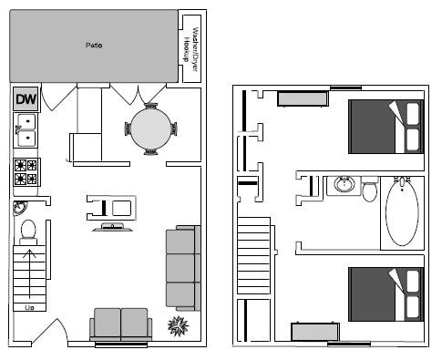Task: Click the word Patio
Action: click(x=92, y=44)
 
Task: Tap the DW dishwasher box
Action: click(x=25, y=99)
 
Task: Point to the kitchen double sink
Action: click(x=26, y=131)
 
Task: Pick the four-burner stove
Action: click(x=26, y=171)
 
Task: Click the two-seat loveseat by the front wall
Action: click(x=121, y=324)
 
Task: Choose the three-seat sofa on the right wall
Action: click(x=180, y=269)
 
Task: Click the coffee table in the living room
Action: click(x=112, y=208)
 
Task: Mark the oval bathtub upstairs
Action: click(x=403, y=211)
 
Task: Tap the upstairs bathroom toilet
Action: click(x=370, y=190)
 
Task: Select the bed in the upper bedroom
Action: click(x=386, y=126)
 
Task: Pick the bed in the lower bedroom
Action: click(x=386, y=293)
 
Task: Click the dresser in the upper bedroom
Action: click(x=302, y=98)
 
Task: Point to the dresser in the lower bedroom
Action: click(x=315, y=331)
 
